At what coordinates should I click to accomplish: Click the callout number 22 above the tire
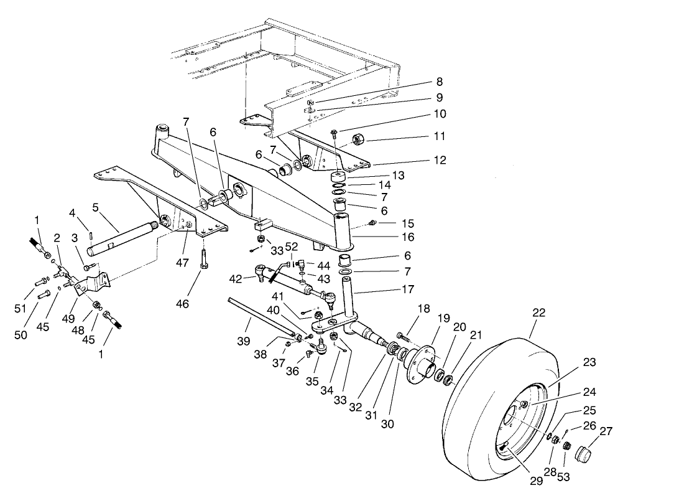tap(538, 313)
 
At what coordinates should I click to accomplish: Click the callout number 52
tap(291, 247)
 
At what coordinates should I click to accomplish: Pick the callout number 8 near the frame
tap(439, 82)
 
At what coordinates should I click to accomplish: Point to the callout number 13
tap(398, 176)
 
